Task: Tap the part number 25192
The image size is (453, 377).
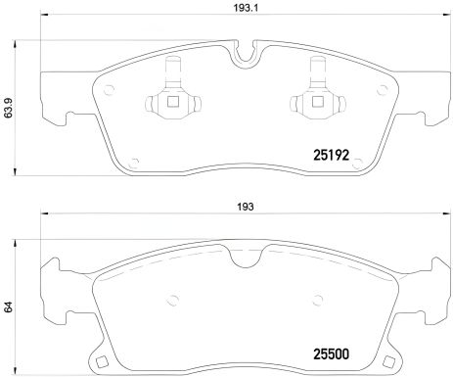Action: pos(331,154)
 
